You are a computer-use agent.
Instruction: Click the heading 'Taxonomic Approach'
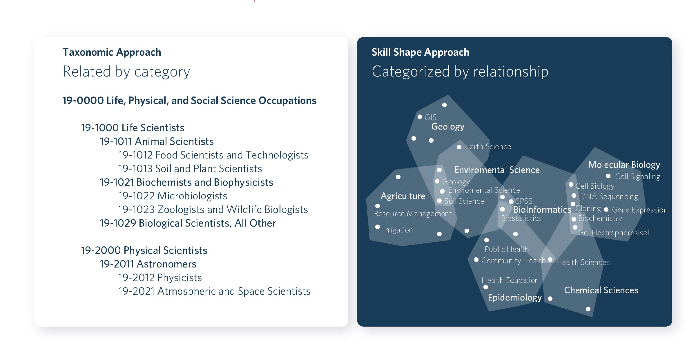point(112,52)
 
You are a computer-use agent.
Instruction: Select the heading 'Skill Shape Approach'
point(420,52)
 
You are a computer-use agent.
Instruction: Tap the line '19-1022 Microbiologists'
point(173,196)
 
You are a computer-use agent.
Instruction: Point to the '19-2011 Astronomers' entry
point(148,264)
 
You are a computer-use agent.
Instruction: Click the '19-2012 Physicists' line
point(160,278)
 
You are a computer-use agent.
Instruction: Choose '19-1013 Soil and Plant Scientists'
point(190,169)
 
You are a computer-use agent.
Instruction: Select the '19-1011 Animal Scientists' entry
point(157,141)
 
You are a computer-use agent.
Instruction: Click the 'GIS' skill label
point(430,117)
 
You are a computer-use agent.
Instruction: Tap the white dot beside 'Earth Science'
point(459,147)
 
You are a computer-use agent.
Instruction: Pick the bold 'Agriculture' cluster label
point(403,196)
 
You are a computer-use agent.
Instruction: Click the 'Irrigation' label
point(398,230)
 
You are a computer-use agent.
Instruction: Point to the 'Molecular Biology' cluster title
point(624,165)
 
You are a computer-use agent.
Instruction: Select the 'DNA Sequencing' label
point(609,196)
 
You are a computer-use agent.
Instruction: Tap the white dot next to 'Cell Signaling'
point(608,176)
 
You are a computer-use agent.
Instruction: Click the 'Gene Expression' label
point(640,210)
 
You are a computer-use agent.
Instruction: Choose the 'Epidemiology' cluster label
point(515,298)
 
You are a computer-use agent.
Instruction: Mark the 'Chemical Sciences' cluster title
point(601,290)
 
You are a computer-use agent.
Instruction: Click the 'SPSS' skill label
point(524,201)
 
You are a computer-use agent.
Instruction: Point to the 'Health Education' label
point(510,280)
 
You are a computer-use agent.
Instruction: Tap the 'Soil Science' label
point(464,201)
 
